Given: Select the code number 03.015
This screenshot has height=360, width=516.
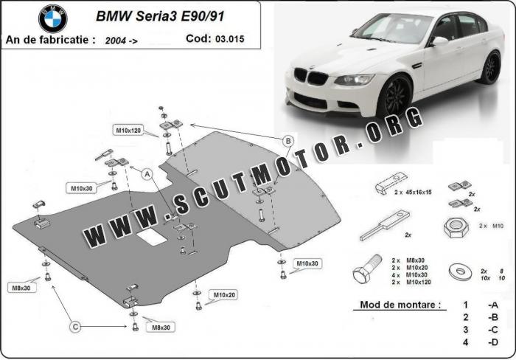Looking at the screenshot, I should pos(231,39).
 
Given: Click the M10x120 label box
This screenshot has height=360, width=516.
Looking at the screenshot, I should pos(127,130).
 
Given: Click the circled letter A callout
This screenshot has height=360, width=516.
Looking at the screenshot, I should pos(147,175).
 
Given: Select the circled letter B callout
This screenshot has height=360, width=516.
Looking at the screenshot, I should pos(287,140).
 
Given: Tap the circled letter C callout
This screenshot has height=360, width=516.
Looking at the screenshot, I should pos(75,325).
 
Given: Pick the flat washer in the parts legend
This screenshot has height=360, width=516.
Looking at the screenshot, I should pos(462,271).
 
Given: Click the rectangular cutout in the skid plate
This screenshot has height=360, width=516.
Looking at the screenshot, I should pos(153,237).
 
